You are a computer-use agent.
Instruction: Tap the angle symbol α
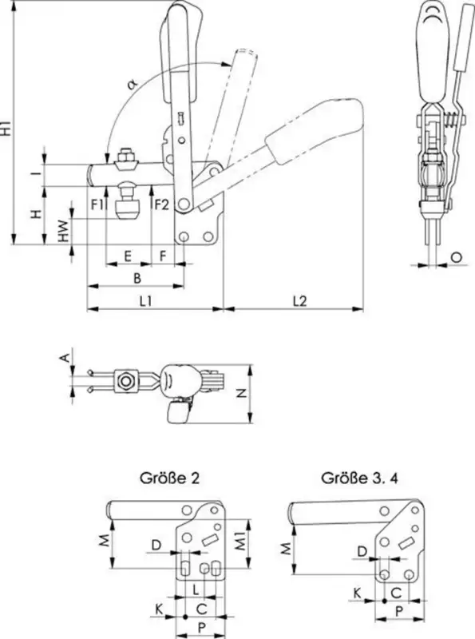point(132,84)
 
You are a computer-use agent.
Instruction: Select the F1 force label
point(97,204)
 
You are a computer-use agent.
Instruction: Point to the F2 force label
point(161,204)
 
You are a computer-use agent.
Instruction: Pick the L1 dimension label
point(145,301)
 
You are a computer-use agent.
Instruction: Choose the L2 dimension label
point(299,301)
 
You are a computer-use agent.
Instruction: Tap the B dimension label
point(137,278)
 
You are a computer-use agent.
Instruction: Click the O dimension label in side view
point(457,256)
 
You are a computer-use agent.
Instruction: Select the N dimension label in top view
point(242,393)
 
